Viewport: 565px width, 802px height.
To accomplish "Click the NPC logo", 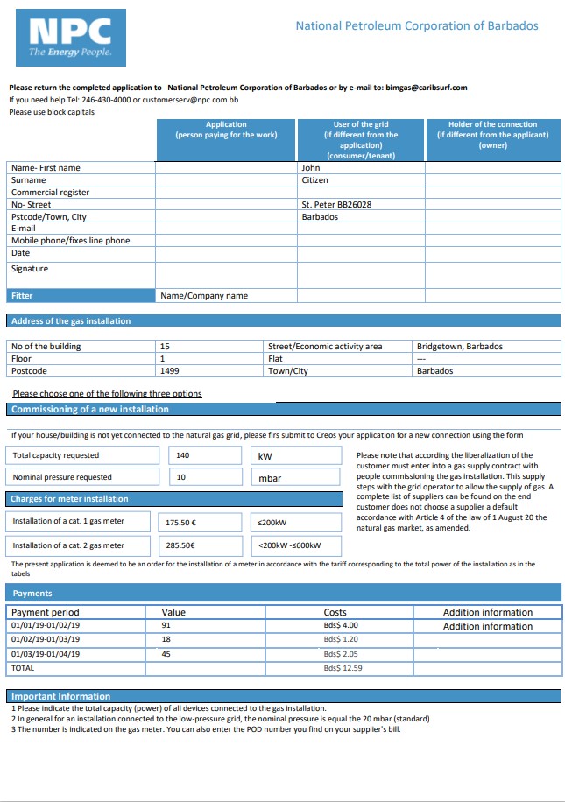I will [71, 39].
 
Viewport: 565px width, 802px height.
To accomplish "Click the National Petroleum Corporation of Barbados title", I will [416, 26].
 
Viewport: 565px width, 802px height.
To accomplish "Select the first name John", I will [311, 168].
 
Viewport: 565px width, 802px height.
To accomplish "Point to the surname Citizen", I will [314, 180].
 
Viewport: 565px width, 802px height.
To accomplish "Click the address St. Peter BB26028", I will [336, 205].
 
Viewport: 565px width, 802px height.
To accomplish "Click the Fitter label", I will [22, 296].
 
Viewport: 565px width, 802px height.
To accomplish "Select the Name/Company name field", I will [204, 296].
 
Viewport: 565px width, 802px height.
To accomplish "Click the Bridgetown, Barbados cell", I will [460, 347].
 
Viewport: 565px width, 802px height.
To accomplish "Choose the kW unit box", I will [298, 455].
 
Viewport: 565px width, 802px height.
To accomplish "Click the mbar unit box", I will [298, 478].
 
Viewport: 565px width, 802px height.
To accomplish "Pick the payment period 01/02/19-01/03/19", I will [45, 640].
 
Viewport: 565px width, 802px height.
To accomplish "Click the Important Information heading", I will [60, 696].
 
